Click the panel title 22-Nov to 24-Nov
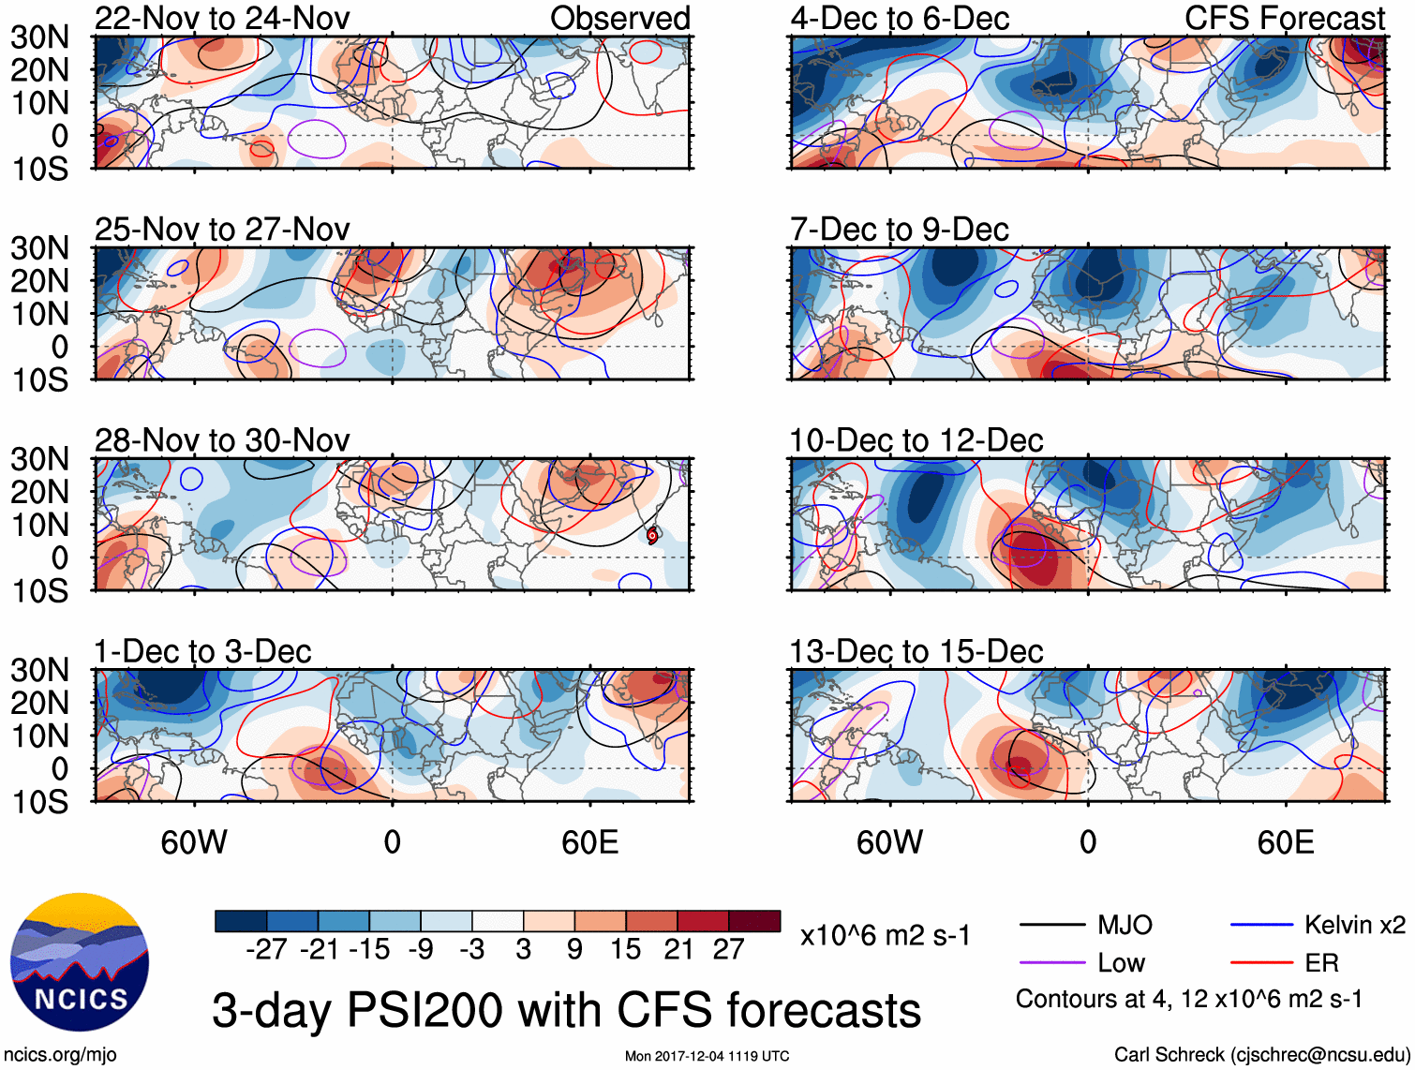222,18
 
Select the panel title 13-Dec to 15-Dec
916,651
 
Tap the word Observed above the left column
619,18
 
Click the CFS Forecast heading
1284,18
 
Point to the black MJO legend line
1052,926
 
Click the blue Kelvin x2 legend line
1261,926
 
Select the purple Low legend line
1052,962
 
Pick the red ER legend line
1261,962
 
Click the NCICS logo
80,962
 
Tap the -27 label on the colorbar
266,950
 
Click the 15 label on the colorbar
625,950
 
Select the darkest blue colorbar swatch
241,921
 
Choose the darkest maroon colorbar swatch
754,921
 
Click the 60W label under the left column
194,842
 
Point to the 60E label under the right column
1285,842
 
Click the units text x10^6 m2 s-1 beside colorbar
885,935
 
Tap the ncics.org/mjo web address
60,1055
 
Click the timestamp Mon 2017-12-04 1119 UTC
707,1056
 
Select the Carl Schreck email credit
1261,1055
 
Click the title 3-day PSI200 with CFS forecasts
566,1010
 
